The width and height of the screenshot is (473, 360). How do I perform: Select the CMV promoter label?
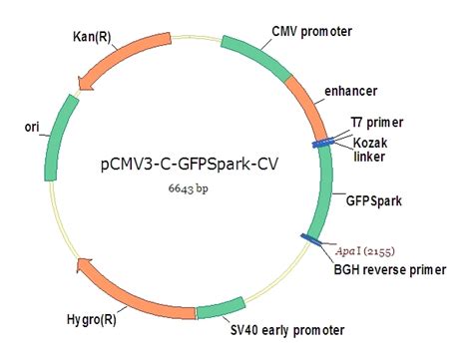pyautogui.click(x=311, y=31)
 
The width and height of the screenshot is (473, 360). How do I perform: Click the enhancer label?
pyautogui.click(x=350, y=92)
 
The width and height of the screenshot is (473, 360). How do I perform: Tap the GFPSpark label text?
pyautogui.click(x=374, y=199)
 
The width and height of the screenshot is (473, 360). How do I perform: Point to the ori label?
pyautogui.click(x=32, y=128)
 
